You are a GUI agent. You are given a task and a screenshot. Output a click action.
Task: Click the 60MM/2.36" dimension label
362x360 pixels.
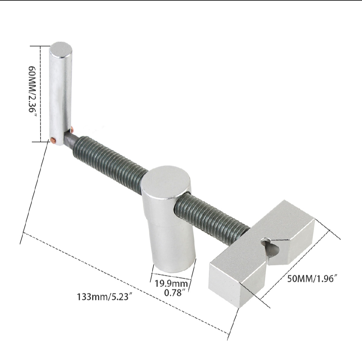pos(33,90)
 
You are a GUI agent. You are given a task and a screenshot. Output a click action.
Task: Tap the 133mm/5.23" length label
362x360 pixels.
pos(103,297)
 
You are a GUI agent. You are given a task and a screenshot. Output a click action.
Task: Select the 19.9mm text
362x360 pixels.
pos(171,284)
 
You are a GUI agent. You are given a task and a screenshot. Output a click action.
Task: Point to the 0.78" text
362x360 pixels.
pos(175,293)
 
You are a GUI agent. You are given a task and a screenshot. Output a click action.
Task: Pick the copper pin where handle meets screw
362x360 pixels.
pos(72,128)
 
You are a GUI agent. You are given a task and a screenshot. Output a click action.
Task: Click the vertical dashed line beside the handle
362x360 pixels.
pos(41,94)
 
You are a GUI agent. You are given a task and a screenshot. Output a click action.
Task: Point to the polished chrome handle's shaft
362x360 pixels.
pos(60,94)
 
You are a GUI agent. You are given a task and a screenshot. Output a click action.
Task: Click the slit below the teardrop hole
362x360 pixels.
pos(268,260)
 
